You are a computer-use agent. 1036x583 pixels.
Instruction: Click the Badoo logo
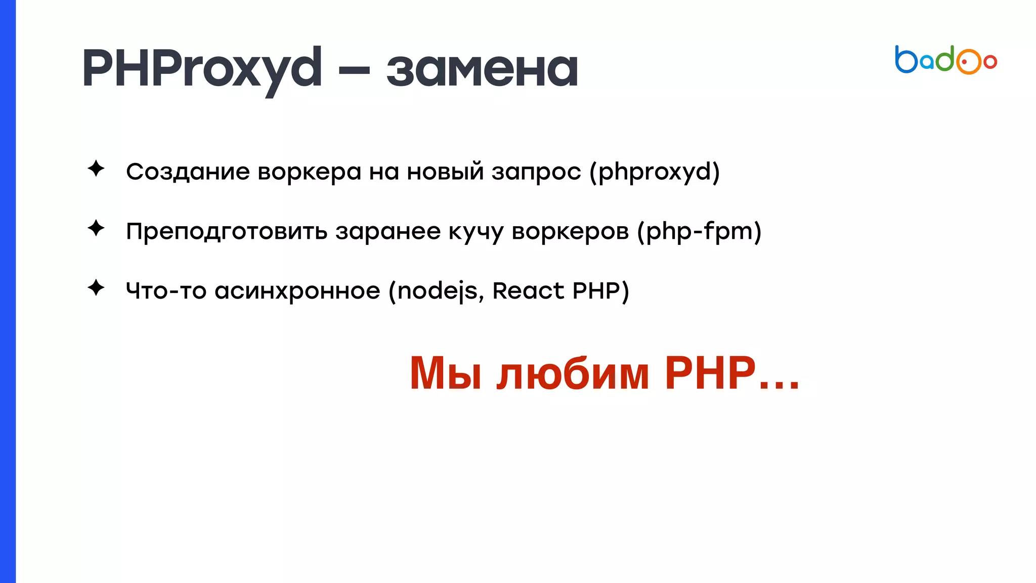945,60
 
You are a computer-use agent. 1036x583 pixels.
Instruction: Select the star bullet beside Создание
96,169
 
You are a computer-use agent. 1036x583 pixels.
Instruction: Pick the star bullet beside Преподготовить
96,228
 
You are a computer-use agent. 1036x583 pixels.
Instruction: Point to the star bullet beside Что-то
96,288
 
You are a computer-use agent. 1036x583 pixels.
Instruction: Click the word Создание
188,172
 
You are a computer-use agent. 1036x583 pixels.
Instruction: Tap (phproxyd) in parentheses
654,172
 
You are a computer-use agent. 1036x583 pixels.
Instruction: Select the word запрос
536,172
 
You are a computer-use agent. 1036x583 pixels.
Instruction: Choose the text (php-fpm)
699,232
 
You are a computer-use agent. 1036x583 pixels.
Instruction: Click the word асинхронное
297,291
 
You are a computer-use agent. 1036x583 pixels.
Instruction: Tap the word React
528,291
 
